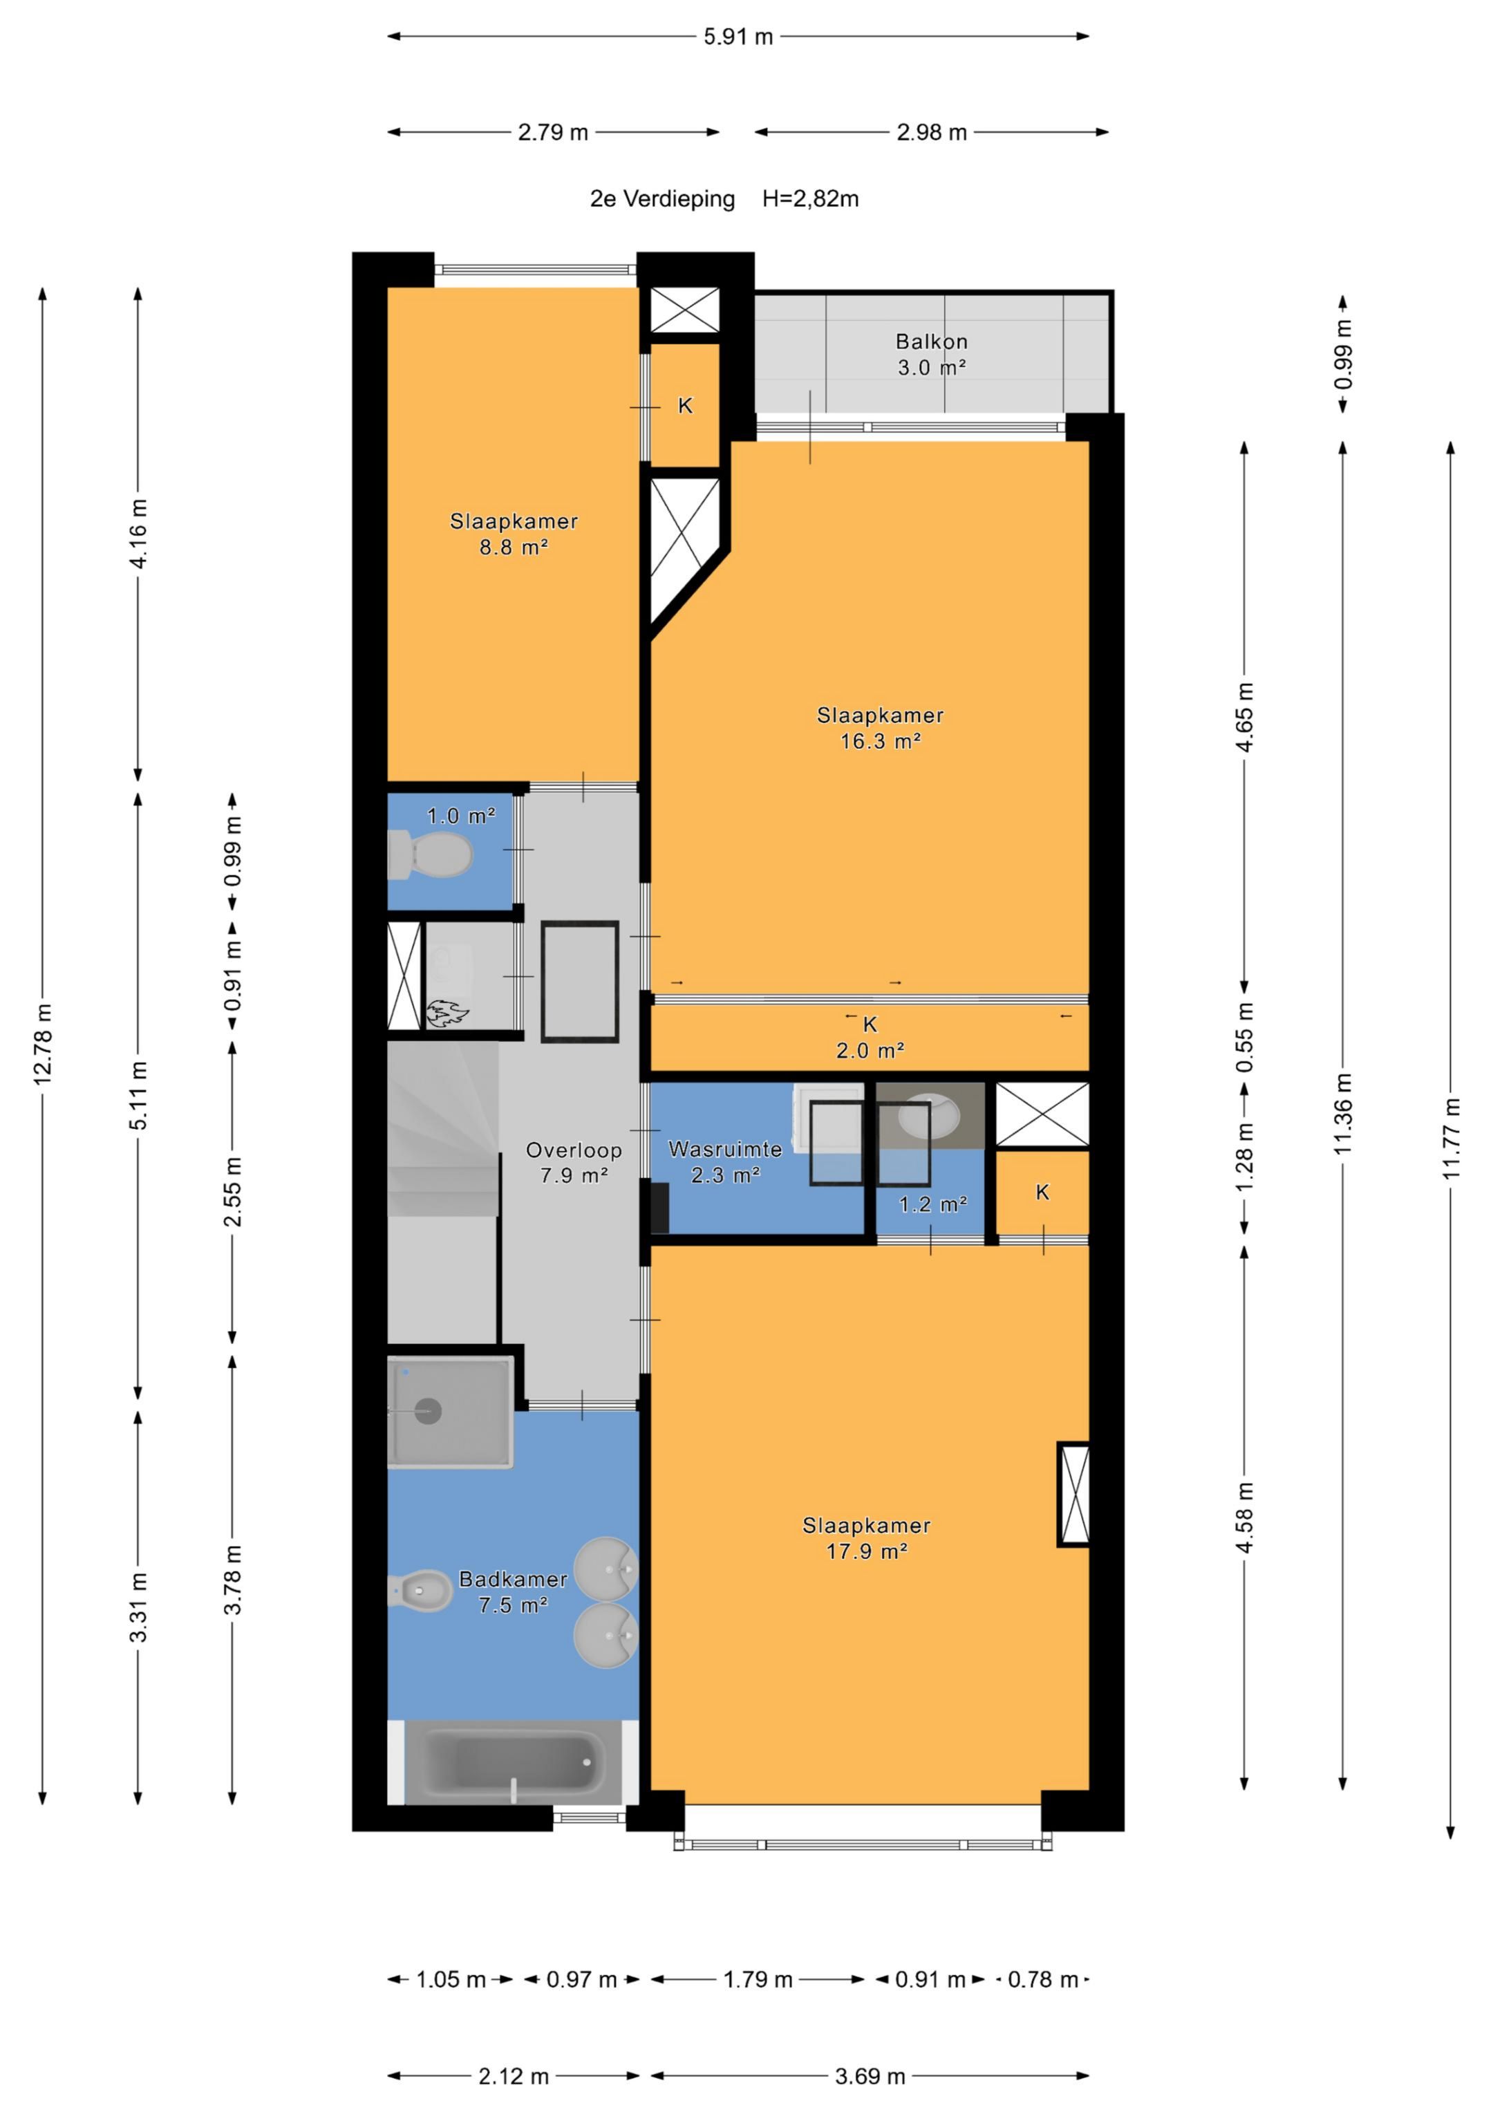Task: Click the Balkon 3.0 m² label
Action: click(x=931, y=354)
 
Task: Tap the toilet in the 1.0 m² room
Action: click(x=430, y=854)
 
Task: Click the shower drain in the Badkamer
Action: click(x=428, y=1411)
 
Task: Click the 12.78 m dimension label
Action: click(x=42, y=1045)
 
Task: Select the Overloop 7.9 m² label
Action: click(x=573, y=1163)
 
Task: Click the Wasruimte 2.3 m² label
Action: click(x=725, y=1162)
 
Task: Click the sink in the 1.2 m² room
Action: click(x=928, y=1116)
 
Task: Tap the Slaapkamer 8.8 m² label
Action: click(x=514, y=534)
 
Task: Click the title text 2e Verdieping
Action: click(x=662, y=198)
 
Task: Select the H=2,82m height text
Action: click(x=810, y=198)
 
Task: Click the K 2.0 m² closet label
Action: click(x=870, y=1037)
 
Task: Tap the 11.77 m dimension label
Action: click(x=1451, y=1138)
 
